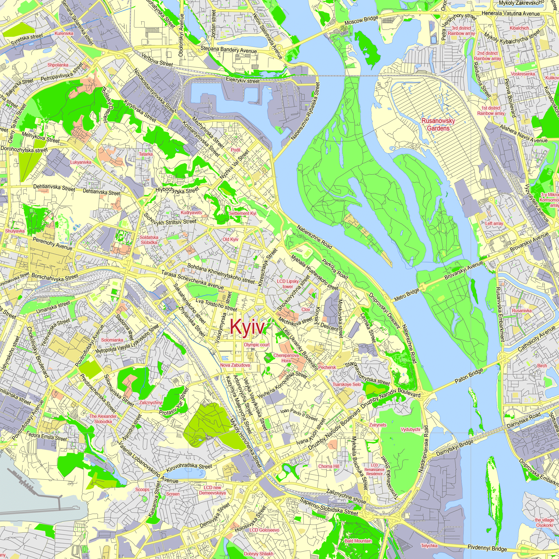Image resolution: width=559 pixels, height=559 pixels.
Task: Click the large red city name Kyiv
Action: point(247,327)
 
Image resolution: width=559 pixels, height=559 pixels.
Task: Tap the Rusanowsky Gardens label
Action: point(438,124)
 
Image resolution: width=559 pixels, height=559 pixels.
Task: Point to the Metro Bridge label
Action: point(406,295)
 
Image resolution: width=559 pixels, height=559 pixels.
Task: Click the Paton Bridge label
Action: point(469,376)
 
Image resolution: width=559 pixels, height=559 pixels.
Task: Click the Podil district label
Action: point(236,150)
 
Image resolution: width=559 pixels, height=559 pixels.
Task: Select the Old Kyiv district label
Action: point(230,239)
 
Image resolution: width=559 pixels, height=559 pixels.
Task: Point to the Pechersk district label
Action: point(327,367)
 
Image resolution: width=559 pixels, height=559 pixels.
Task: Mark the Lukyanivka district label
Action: point(81,162)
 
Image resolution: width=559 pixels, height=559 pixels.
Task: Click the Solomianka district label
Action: point(112,340)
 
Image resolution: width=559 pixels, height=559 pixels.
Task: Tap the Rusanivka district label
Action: point(522,311)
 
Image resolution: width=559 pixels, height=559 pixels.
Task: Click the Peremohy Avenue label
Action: point(52,244)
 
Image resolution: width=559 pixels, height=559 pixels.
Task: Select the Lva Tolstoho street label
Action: point(216,305)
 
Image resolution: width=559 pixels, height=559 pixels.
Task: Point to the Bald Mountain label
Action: point(358,541)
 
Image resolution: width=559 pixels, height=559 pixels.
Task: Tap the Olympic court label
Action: point(257,345)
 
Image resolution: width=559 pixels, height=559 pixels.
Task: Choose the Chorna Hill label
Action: point(329,466)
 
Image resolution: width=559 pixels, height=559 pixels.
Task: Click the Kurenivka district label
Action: point(64,33)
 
